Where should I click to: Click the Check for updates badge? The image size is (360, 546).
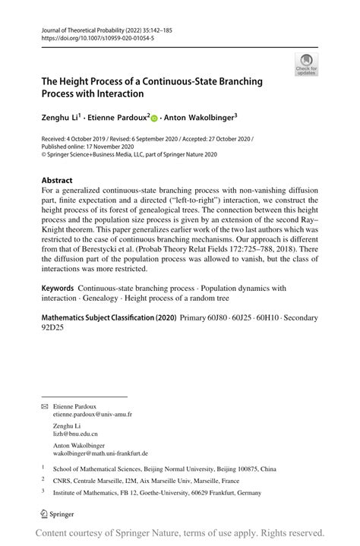pos(307,65)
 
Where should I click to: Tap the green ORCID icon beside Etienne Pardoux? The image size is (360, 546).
pos(154,118)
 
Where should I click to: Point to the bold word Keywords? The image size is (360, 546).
pos(58,289)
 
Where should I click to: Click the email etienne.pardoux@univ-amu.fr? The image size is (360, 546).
pos(93,415)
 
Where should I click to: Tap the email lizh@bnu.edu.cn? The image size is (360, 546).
pos(75,434)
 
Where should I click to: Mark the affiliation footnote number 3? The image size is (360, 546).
pos(43,491)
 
